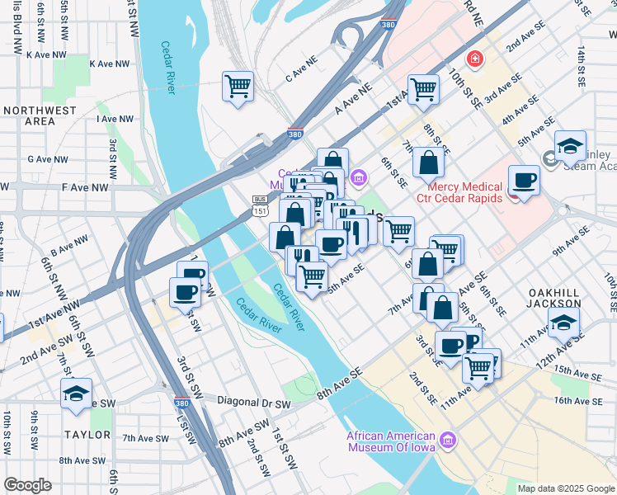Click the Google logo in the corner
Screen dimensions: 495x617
[27, 485]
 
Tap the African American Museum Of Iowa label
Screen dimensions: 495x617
[390, 441]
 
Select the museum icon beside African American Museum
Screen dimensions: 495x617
[448, 441]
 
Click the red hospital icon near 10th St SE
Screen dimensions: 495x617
[474, 59]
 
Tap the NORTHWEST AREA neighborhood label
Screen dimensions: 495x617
[29, 115]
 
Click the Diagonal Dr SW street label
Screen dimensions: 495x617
[254, 403]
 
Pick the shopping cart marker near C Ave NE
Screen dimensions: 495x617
[238, 86]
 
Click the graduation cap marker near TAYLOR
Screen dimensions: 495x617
[76, 394]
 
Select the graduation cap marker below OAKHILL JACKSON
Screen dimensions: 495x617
[563, 323]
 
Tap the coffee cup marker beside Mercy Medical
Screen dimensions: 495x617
[524, 180]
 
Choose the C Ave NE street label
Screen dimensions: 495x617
[301, 77]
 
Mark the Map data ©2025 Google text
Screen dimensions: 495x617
[565, 488]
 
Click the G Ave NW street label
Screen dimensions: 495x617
[46, 158]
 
